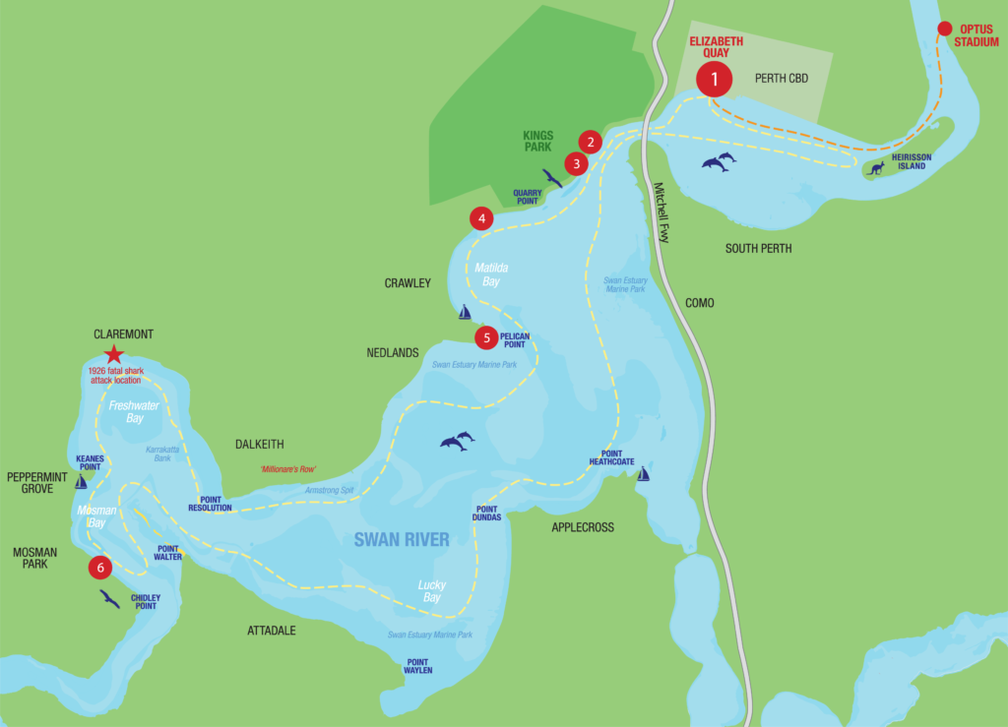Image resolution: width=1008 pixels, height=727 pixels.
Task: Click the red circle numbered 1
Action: [715, 78]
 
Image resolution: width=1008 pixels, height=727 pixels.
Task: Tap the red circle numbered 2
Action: [590, 141]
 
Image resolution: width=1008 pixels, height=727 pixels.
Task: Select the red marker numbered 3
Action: [576, 163]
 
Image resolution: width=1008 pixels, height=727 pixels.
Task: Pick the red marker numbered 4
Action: [480, 218]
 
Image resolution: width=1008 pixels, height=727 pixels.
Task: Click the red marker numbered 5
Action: [486, 338]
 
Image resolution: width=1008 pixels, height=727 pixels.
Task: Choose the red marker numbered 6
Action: [99, 568]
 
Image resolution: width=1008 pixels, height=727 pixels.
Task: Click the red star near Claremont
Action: [114, 354]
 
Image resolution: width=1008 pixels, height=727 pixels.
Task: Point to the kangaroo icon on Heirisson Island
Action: [875, 168]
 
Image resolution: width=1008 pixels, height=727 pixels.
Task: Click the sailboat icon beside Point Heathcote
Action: [644, 474]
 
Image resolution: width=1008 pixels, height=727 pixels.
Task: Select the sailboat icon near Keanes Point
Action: [81, 482]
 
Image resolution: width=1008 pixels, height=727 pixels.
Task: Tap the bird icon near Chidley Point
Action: [109, 599]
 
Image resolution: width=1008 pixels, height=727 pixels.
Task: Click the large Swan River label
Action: [402, 539]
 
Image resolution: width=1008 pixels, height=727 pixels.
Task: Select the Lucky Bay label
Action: [431, 591]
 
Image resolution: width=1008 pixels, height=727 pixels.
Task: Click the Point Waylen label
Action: [417, 666]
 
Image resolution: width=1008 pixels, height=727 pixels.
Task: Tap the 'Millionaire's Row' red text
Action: [288, 469]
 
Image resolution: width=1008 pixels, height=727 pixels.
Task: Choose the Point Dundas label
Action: [487, 513]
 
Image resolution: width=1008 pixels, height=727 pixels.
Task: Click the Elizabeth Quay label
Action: [716, 47]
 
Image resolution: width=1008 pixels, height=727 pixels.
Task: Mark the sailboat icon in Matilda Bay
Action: [465, 312]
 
